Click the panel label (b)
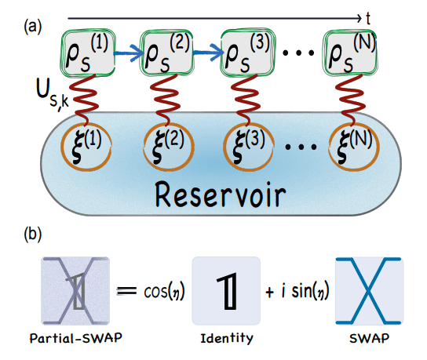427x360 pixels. (33, 235)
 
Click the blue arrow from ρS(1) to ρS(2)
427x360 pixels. (126, 55)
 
